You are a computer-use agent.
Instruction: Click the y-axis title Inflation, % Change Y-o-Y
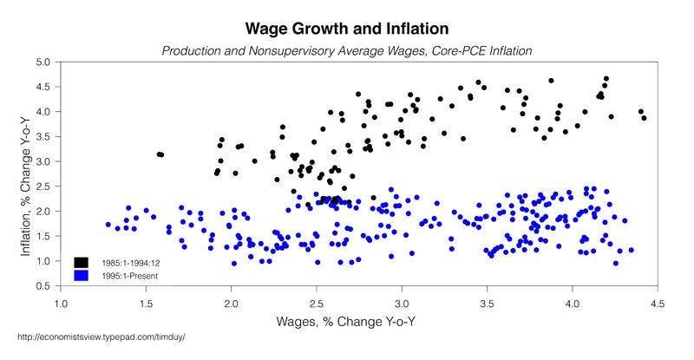pos(25,173)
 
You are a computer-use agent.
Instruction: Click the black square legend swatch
pos(81,262)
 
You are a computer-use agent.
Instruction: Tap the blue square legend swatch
pos(81,275)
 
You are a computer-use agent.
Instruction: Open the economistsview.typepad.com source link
pos(101,337)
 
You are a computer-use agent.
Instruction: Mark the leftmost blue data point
pos(108,225)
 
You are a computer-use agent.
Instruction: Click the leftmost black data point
pos(159,154)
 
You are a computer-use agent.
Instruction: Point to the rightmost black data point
pos(644,118)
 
